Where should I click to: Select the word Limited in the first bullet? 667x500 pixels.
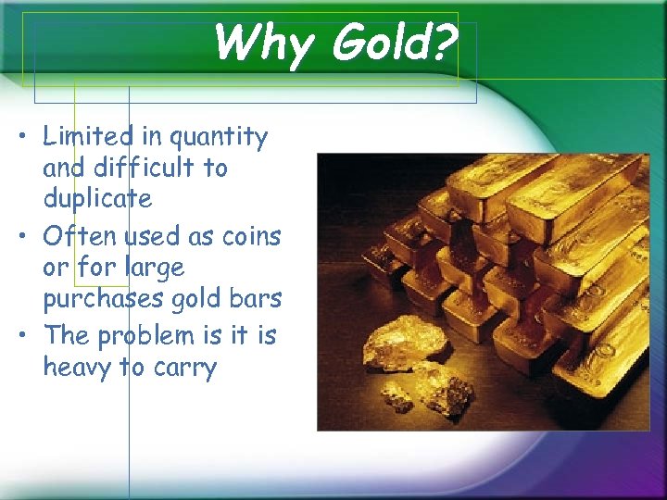88,137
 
